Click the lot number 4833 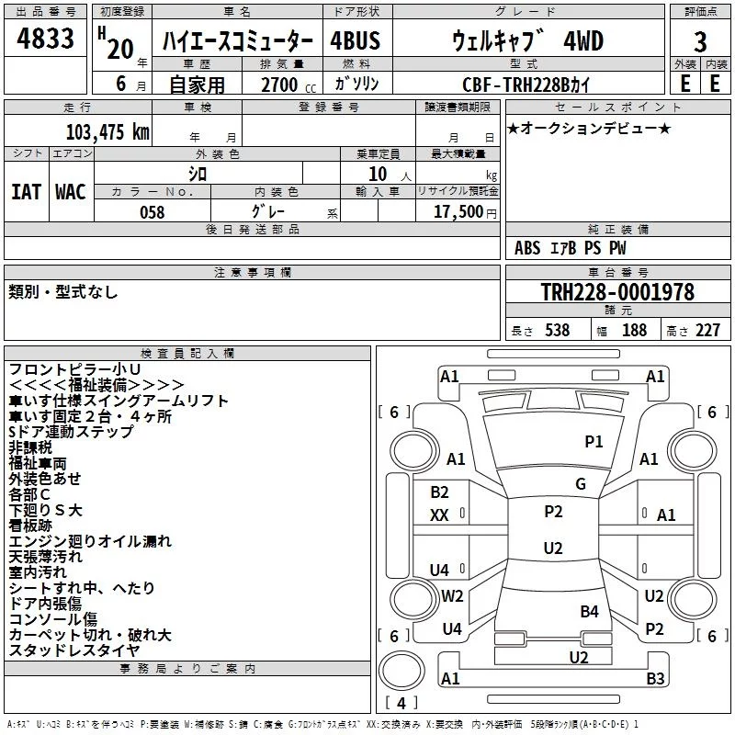coord(45,39)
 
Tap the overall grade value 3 coord(700,42)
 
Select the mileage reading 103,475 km coord(107,132)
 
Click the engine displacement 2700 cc coord(288,85)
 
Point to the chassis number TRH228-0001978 coord(617,292)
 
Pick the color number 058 coord(153,212)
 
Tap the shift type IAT coord(26,192)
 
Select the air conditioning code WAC coord(71,192)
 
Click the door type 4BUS coord(355,40)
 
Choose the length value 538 coord(558,330)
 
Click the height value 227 coord(707,330)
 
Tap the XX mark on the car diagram coord(439,515)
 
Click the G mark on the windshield coord(581,484)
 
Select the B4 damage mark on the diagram coord(589,611)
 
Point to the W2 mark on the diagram coord(452,596)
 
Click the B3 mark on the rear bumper coord(655,678)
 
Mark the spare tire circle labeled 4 coord(401,671)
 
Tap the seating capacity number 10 coord(378,175)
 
